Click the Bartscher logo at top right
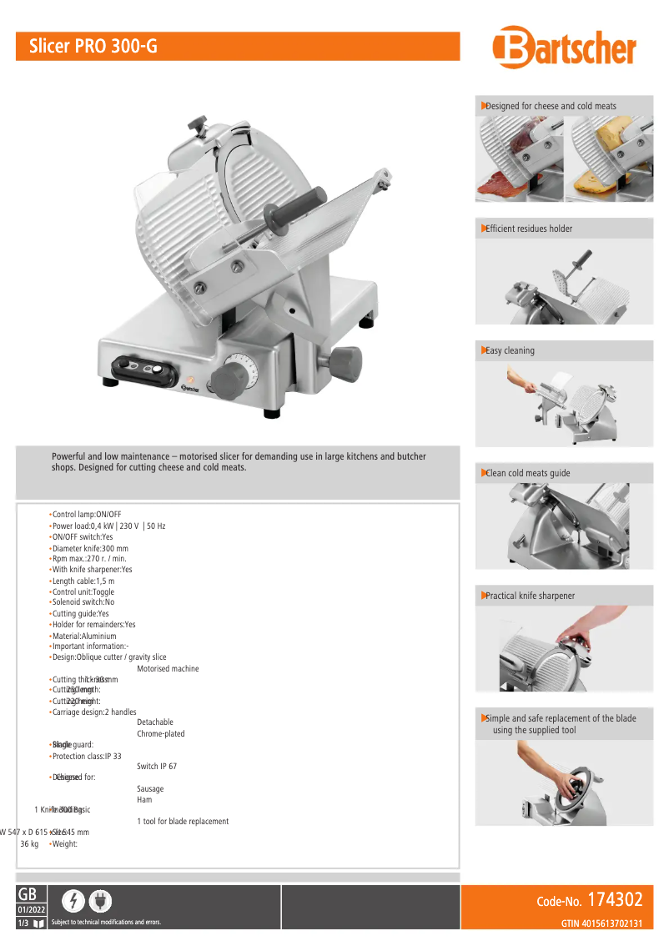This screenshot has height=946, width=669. (564, 48)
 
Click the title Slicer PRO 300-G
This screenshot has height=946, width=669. (93, 47)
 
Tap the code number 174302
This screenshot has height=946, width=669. (615, 900)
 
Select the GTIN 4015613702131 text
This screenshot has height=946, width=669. (601, 923)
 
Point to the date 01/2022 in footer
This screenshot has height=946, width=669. (31, 908)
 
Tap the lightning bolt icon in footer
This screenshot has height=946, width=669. (74, 901)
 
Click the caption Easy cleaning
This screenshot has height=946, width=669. (510, 350)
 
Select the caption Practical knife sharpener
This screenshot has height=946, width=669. (530, 596)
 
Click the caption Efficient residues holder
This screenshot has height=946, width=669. (529, 229)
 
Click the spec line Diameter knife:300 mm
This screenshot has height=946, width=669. (90, 548)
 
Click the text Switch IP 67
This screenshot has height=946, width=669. (157, 766)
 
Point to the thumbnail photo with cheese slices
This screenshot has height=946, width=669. (609, 159)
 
